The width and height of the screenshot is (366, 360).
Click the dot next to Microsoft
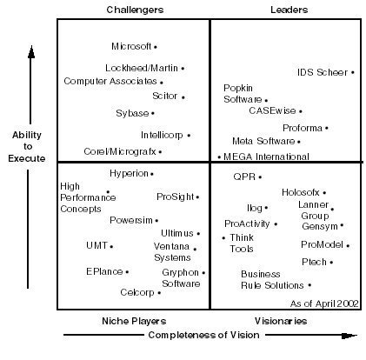[x=156, y=47]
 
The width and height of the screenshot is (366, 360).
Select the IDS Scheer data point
[x=353, y=72]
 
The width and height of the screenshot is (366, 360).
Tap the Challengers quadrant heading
[x=135, y=10]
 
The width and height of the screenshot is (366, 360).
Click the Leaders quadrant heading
[x=289, y=10]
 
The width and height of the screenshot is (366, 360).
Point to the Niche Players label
[x=134, y=321]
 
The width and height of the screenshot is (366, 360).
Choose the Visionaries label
[x=281, y=321]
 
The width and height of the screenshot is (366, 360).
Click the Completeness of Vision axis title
[x=203, y=335]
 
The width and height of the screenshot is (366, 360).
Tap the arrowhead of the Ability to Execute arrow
[x=31, y=51]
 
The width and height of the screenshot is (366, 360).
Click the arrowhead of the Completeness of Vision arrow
[x=349, y=336]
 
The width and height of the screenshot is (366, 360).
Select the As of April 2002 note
[x=324, y=303]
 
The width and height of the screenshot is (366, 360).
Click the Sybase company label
[x=132, y=113]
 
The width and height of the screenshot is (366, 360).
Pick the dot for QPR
[x=260, y=177]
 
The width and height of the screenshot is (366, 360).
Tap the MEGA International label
[x=266, y=157]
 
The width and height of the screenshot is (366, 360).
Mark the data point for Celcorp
[x=159, y=293]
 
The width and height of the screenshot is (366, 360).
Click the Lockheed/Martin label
[x=142, y=68]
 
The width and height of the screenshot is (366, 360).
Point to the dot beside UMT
[x=111, y=247]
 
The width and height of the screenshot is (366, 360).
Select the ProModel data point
[x=348, y=246]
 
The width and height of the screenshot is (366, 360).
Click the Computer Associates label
[x=110, y=81]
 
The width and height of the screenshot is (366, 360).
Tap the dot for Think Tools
[x=223, y=238]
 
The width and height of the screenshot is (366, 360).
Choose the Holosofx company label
[x=301, y=192]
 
